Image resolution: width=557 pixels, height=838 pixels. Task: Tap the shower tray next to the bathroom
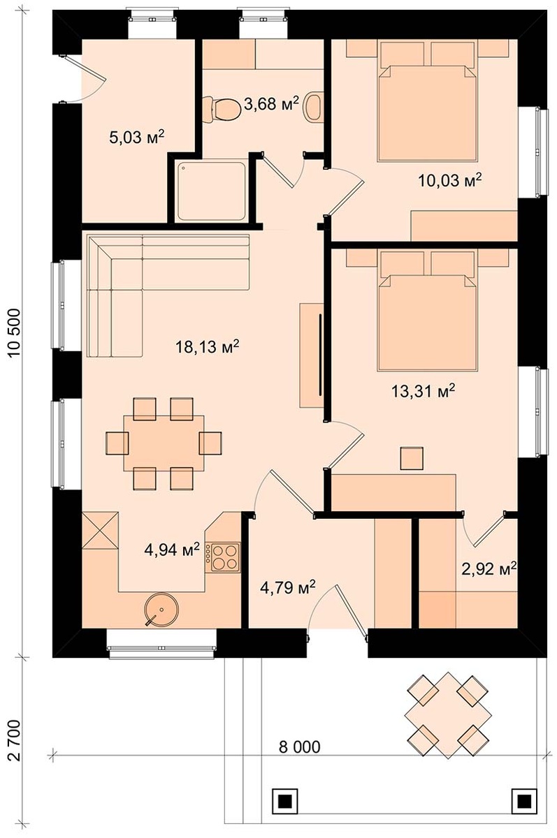click(x=212, y=191)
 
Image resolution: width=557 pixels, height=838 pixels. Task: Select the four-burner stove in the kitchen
click(x=226, y=557)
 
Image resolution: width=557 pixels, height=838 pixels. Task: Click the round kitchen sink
click(x=161, y=610)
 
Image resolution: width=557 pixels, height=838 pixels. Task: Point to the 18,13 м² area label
click(x=208, y=347)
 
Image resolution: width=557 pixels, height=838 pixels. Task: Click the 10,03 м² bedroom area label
click(x=449, y=181)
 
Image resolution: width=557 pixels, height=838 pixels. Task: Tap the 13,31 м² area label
click(x=423, y=391)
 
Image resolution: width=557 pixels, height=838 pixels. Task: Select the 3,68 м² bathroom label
click(x=271, y=103)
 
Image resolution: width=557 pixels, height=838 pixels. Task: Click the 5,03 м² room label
click(x=137, y=137)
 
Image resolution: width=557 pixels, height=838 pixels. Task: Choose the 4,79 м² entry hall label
click(x=287, y=587)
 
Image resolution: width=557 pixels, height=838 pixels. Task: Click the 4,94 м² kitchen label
click(x=172, y=550)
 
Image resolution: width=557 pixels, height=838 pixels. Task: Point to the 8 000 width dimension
click(x=299, y=747)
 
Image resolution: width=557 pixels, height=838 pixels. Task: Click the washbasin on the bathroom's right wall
click(x=313, y=107)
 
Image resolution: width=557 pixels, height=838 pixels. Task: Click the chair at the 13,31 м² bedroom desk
click(x=412, y=458)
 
